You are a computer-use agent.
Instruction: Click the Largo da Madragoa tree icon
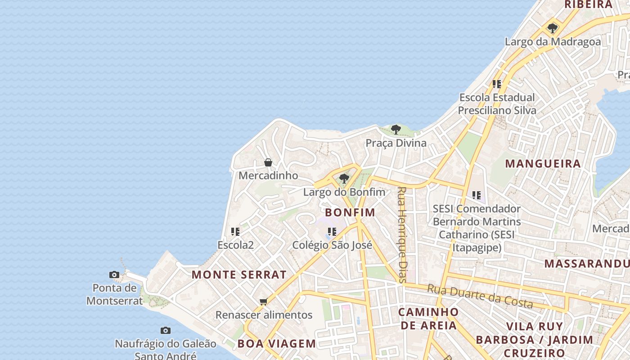(x=553, y=28)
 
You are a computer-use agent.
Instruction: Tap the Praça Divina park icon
(x=396, y=130)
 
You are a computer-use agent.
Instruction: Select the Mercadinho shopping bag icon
(x=268, y=162)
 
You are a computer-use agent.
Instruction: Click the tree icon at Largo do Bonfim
(x=344, y=179)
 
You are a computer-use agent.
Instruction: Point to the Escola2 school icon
(x=235, y=232)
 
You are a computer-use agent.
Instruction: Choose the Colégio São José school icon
(x=332, y=232)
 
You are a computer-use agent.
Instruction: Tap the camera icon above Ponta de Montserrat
(x=114, y=274)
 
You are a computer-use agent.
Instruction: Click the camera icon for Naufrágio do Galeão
(x=166, y=331)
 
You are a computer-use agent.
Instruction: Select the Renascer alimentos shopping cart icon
(x=264, y=301)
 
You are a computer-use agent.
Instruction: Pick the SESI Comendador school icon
(x=477, y=195)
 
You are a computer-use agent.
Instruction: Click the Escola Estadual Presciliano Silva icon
(x=497, y=84)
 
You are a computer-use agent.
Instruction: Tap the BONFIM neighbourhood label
(x=350, y=212)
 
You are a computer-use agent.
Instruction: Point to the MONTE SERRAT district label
(x=239, y=274)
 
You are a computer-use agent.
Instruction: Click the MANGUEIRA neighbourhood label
(x=543, y=164)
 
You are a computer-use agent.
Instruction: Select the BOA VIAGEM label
(x=277, y=344)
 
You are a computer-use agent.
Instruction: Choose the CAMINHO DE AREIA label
(x=428, y=319)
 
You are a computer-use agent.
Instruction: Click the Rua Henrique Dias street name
(x=402, y=234)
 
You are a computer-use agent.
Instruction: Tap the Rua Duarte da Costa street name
(x=480, y=296)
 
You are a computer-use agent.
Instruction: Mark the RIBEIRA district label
(x=589, y=4)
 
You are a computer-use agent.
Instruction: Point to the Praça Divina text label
(x=396, y=143)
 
